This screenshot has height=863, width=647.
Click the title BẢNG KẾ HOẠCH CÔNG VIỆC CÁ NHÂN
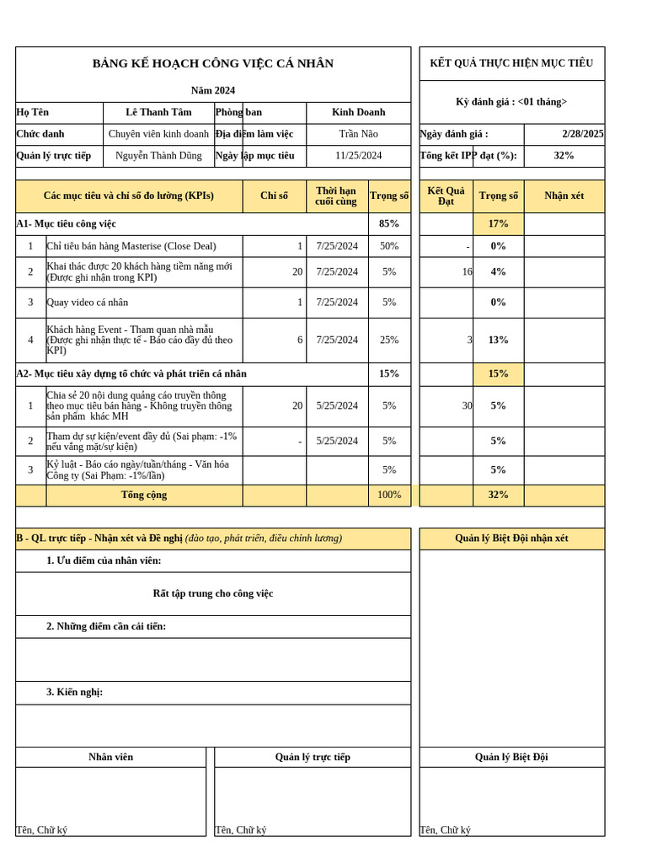coord(212,64)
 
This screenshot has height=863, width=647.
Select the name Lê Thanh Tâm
coord(158,112)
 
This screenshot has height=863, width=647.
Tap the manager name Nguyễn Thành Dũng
coord(158,156)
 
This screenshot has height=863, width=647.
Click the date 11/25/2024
coord(358,156)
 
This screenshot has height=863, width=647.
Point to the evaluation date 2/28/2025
coord(582,134)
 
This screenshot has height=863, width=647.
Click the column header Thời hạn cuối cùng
coord(336,196)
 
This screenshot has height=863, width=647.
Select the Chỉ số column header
coord(274,196)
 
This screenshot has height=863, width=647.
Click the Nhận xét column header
coord(564,196)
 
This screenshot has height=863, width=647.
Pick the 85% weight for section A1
coord(389,224)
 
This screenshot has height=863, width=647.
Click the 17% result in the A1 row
coord(498,224)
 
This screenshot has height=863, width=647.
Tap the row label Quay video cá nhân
coord(88,303)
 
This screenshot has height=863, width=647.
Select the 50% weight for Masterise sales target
coord(389,246)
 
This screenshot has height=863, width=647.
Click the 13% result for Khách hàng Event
coord(498,340)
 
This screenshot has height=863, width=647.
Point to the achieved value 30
coord(467,406)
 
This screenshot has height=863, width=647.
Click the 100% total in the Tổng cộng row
coord(389,496)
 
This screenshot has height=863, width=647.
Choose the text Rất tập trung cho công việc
coord(212,594)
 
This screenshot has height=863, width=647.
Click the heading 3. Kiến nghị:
coord(74,693)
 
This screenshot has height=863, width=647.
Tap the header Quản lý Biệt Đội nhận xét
coord(511,539)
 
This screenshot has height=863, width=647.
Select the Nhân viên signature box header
coord(110,758)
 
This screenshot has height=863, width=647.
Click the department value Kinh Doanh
coord(358,112)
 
